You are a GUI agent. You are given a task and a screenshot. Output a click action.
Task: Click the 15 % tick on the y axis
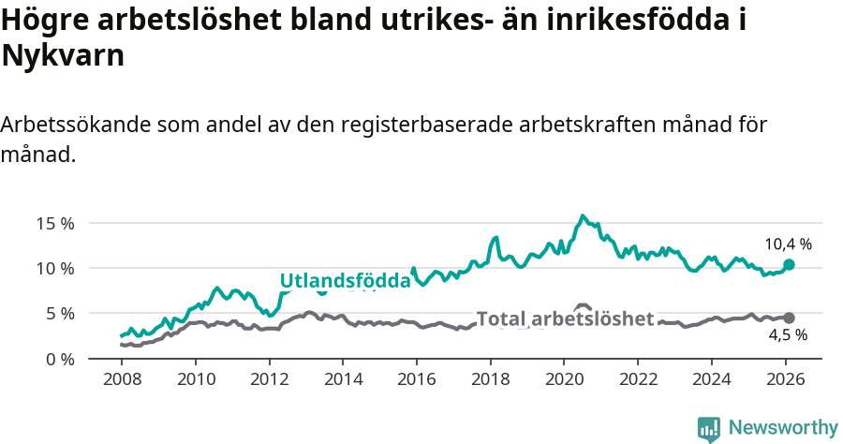(55, 223)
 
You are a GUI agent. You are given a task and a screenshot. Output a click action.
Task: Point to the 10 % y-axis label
(55, 268)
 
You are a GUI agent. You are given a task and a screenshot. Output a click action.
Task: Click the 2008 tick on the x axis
(122, 381)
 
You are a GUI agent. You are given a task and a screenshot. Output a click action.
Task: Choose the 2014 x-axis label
(343, 381)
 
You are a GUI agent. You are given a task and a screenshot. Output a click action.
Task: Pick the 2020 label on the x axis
(564, 381)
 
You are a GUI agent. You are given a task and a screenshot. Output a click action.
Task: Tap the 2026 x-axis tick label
(785, 381)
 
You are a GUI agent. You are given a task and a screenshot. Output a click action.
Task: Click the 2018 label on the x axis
(490, 381)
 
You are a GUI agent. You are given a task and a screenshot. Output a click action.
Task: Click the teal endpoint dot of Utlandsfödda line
(789, 265)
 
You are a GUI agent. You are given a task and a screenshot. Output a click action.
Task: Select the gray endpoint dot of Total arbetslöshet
(789, 318)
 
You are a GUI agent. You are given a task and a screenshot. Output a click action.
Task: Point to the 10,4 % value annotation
(788, 244)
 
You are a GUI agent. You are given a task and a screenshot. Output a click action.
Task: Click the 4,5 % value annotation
(788, 335)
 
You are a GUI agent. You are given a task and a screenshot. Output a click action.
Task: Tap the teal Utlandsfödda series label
(346, 281)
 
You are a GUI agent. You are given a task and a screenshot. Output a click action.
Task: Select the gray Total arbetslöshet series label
(565, 319)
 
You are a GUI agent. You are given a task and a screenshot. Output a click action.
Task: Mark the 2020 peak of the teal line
(583, 216)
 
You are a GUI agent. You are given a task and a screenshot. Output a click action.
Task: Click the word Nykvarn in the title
(63, 56)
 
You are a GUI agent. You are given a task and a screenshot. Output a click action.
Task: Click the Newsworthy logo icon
(709, 429)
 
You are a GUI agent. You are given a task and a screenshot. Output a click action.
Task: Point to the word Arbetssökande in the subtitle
(76, 125)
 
